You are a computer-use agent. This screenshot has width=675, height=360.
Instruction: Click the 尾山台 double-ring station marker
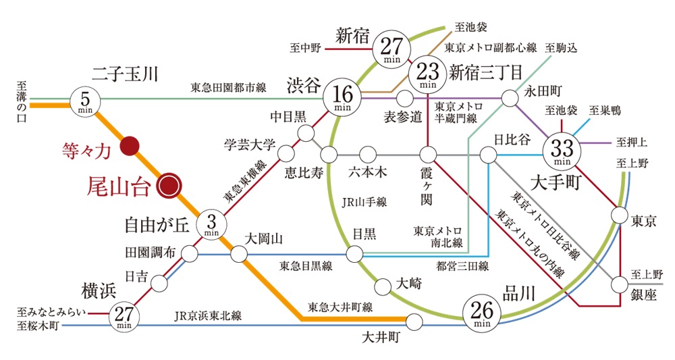[169, 186]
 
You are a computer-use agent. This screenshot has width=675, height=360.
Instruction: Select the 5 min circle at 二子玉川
[85, 101]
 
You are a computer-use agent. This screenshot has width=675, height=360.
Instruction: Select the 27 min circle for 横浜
[124, 316]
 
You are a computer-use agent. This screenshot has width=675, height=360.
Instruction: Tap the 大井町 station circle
[414, 322]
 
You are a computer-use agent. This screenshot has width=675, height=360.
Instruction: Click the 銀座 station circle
[620, 284]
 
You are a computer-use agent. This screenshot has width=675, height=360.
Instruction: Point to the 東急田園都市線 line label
[228, 88]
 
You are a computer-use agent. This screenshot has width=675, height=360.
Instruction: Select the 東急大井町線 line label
[340, 307]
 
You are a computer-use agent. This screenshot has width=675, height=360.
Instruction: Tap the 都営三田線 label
[462, 266]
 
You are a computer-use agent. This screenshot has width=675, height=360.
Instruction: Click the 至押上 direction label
[631, 141]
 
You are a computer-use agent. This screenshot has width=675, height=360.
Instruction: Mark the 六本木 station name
[368, 172]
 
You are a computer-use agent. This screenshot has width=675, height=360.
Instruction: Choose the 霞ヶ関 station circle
[428, 154]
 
